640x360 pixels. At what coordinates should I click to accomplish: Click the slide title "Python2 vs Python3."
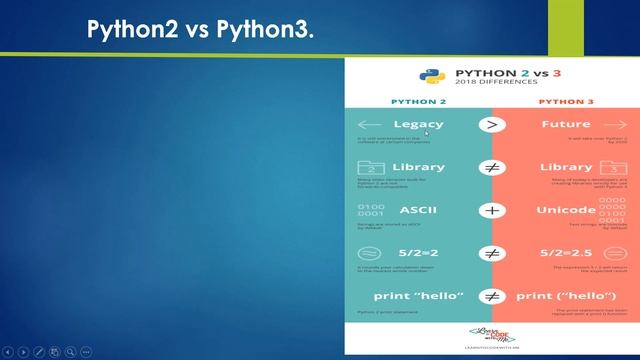point(201,29)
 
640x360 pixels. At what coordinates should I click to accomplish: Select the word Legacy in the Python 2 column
point(419,124)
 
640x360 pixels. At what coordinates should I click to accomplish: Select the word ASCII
point(418,211)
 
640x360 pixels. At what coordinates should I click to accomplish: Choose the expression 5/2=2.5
point(565,254)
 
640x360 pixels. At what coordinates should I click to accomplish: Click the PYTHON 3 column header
point(565,102)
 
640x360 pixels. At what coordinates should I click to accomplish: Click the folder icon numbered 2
point(371,168)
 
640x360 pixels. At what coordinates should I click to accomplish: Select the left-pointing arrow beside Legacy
point(371,124)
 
